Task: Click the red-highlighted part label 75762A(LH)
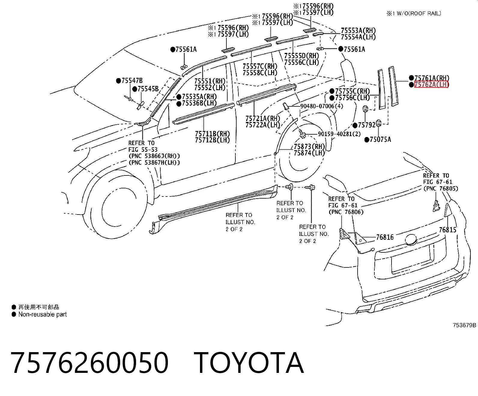point(431,84)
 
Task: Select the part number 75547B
point(132,81)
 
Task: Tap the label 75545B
point(148,89)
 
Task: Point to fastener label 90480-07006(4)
point(322,106)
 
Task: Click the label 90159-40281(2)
point(339,134)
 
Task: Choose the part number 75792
point(367,125)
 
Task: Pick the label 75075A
point(380,139)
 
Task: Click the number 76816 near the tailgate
point(385,237)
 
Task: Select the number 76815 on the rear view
point(448,230)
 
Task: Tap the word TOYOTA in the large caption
point(249,363)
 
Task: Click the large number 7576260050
point(89,363)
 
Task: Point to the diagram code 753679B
point(464,325)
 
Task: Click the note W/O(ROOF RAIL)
point(419,14)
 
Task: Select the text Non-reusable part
point(43,314)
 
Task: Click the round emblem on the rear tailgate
point(411,239)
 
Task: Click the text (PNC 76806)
point(346,212)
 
